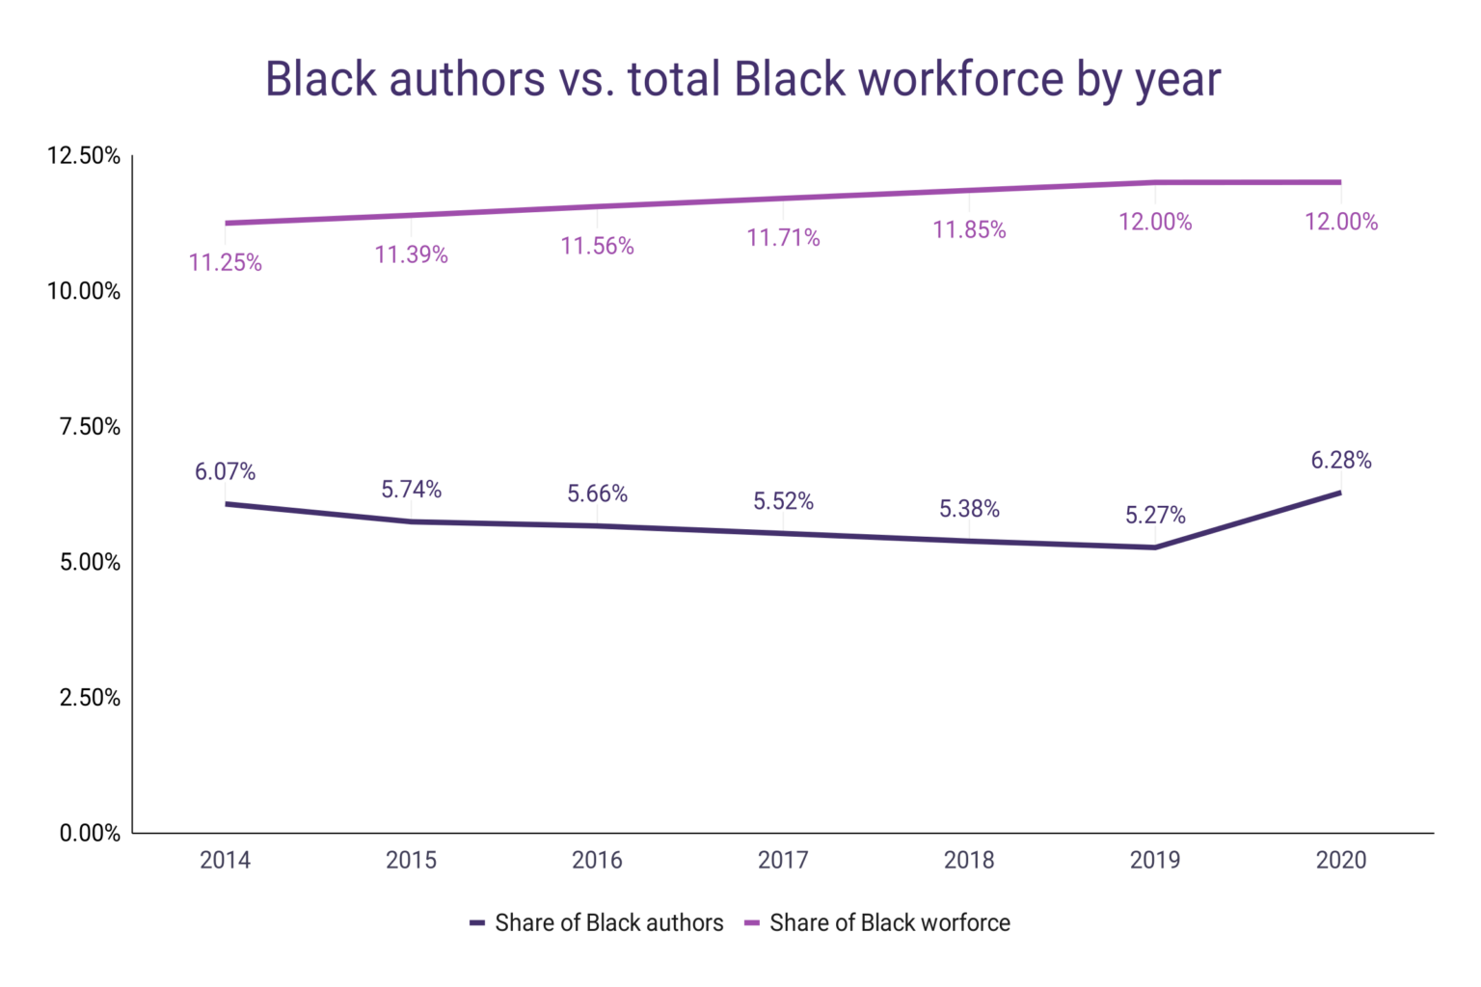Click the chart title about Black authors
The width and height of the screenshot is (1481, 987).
tap(742, 79)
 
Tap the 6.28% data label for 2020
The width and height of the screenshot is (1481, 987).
tap(1340, 461)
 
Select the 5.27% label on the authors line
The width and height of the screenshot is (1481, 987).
tap(1155, 516)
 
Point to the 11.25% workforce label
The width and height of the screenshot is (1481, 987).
tap(225, 263)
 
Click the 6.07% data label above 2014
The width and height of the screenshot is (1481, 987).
tap(225, 472)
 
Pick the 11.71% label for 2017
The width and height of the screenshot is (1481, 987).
tap(783, 238)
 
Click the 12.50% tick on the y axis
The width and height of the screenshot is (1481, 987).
tap(84, 156)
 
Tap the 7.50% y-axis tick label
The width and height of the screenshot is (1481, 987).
tap(90, 427)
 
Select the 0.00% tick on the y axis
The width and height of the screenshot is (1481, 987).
tap(90, 834)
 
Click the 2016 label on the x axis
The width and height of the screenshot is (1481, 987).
tap(597, 860)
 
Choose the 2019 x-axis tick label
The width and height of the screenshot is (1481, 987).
tap(1155, 860)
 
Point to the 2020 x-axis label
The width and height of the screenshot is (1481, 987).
tap(1341, 860)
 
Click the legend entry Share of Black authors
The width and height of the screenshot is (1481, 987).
tap(597, 923)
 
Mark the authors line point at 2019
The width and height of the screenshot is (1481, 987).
tap(1155, 547)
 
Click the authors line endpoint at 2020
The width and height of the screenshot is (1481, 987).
tap(1340, 493)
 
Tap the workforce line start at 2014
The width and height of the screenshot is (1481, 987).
tap(226, 224)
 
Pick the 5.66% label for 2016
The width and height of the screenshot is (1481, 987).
tap(597, 494)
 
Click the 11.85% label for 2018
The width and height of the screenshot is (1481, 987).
tap(969, 230)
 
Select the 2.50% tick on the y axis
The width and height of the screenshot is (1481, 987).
tap(90, 698)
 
